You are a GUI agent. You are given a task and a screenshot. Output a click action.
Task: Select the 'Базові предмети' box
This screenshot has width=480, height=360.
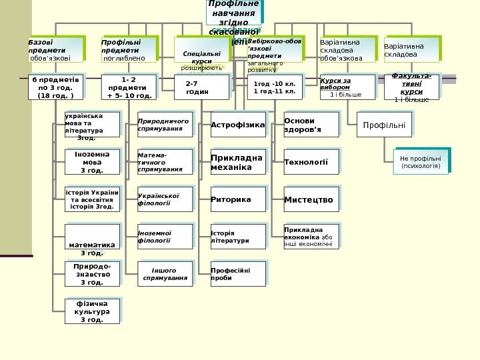click(56, 49)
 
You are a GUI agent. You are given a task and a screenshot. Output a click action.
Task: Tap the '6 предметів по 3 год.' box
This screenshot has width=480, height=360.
click(55, 87)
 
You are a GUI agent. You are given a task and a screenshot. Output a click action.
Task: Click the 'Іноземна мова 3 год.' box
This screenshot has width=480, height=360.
click(92, 161)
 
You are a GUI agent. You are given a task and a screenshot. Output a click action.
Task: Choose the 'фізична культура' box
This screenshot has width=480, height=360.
click(92, 311)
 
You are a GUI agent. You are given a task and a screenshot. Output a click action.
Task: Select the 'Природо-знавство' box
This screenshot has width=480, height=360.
click(92, 273)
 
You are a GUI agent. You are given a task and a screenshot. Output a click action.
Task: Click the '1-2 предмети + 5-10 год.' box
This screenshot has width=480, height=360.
click(129, 87)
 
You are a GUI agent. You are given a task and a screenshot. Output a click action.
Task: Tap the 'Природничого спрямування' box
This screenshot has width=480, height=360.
click(165, 125)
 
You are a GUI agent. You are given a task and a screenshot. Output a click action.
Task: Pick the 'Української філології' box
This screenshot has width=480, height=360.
click(165, 199)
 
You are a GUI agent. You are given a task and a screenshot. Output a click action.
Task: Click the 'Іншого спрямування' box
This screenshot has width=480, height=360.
click(165, 273)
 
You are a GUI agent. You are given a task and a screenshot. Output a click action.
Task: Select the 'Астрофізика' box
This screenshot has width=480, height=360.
click(238, 125)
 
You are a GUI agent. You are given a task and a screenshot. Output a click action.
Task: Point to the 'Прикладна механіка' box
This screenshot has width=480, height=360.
click(238, 162)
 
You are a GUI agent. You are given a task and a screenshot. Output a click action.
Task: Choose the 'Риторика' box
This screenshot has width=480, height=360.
click(238, 199)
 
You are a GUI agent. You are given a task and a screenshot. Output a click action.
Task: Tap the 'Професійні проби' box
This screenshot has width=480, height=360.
click(238, 273)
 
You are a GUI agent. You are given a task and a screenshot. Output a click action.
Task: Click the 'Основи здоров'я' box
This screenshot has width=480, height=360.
click(311, 125)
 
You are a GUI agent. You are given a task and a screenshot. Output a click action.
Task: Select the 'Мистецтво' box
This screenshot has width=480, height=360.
click(311, 199)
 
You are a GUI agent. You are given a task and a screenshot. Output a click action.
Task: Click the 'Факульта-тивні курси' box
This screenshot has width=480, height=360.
click(411, 87)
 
